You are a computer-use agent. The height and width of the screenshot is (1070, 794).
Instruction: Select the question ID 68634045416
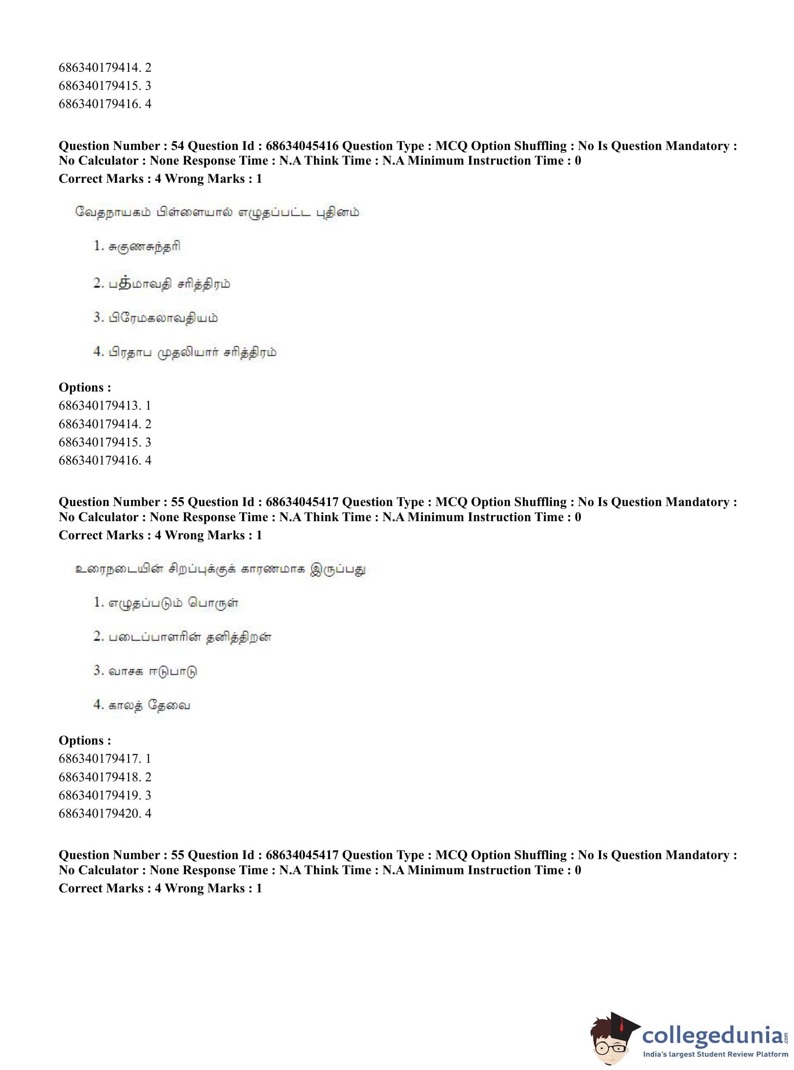[302, 146]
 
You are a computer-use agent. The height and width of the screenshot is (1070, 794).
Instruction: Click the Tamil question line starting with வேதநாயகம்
[217, 212]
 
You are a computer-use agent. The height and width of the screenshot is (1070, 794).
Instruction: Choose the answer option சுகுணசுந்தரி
[144, 247]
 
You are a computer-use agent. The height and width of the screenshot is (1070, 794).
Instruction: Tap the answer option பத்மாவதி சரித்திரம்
[169, 284]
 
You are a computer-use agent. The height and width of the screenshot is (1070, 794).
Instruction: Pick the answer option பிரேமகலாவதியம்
[163, 318]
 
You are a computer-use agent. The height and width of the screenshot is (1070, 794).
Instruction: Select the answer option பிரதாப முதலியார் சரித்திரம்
[192, 353]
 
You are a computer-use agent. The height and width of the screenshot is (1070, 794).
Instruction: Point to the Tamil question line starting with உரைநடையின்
[220, 569]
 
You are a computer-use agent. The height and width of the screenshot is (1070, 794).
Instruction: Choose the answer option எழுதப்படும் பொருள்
[173, 603]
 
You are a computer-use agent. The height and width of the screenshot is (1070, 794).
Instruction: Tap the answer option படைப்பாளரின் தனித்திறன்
[190, 637]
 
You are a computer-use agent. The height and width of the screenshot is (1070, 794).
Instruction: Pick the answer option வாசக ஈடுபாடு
[153, 671]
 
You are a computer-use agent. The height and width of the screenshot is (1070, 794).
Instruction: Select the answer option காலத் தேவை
[149, 706]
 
